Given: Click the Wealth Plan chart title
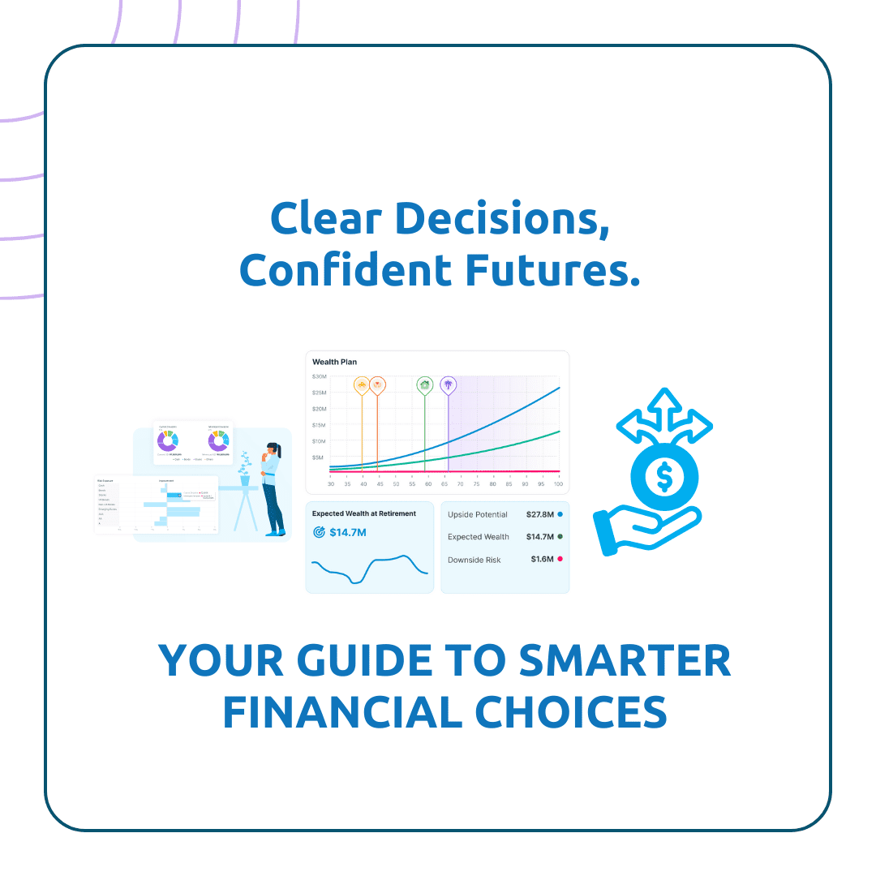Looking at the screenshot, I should [x=334, y=362].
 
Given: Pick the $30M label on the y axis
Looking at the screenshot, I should [x=319, y=377].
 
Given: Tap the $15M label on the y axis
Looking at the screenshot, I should [x=319, y=425].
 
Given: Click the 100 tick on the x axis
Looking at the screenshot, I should [x=558, y=484].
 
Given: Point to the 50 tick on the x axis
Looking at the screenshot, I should [x=396, y=484].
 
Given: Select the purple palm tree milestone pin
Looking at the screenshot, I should [x=448, y=384].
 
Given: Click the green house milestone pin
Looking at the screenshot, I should [x=424, y=384].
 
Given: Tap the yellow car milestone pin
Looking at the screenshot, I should [x=362, y=384].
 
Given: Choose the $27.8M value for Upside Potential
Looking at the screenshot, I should [x=539, y=514].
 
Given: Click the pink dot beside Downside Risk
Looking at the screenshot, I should [x=560, y=560].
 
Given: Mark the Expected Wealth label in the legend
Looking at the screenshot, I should [x=479, y=537].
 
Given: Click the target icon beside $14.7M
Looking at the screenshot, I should [x=319, y=533].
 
